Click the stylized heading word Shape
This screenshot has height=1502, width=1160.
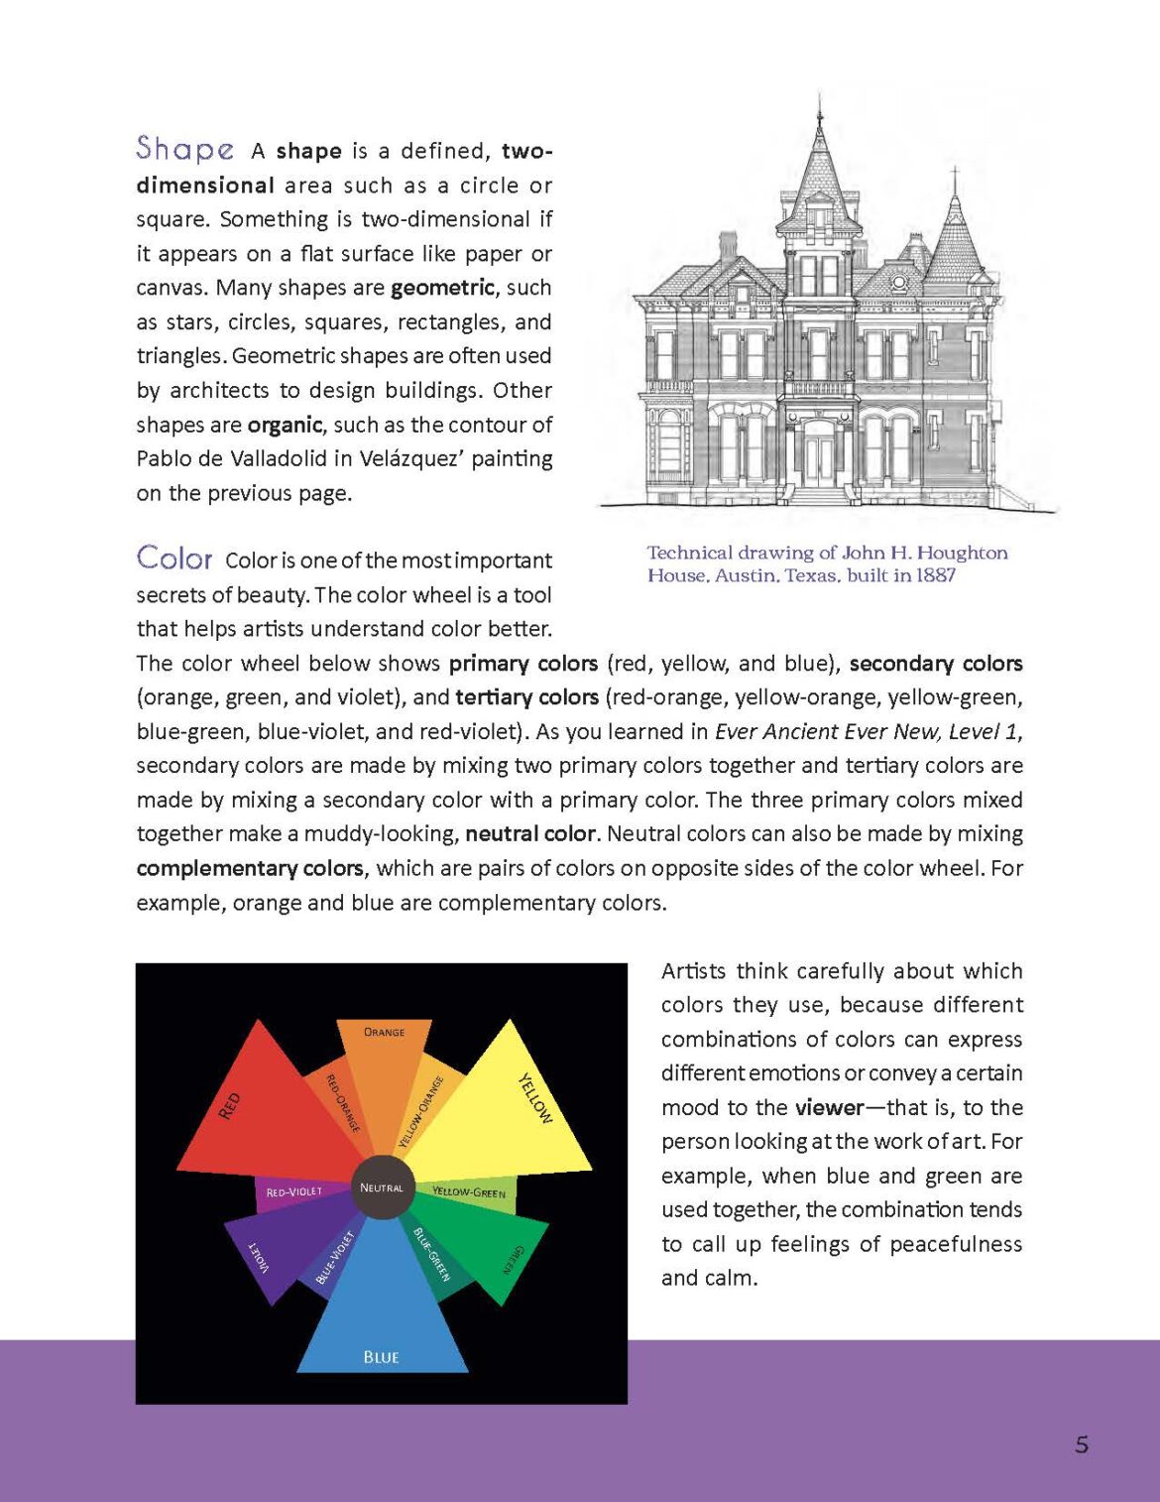(185, 149)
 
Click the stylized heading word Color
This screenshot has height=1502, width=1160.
(174, 559)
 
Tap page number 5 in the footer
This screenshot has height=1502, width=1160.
(1081, 1444)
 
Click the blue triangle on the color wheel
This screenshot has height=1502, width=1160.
(383, 1319)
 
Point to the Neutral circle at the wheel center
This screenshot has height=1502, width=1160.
(382, 1188)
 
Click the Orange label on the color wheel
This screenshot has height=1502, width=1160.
(384, 1032)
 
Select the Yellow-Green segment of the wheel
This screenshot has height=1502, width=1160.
(469, 1191)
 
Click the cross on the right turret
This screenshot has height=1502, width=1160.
(955, 179)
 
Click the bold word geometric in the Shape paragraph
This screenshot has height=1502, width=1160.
(442, 288)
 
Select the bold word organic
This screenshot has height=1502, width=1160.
(285, 425)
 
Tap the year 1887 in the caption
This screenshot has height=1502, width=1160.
(935, 575)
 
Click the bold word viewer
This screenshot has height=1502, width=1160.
(829, 1107)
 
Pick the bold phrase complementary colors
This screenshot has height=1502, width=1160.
(250, 868)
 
